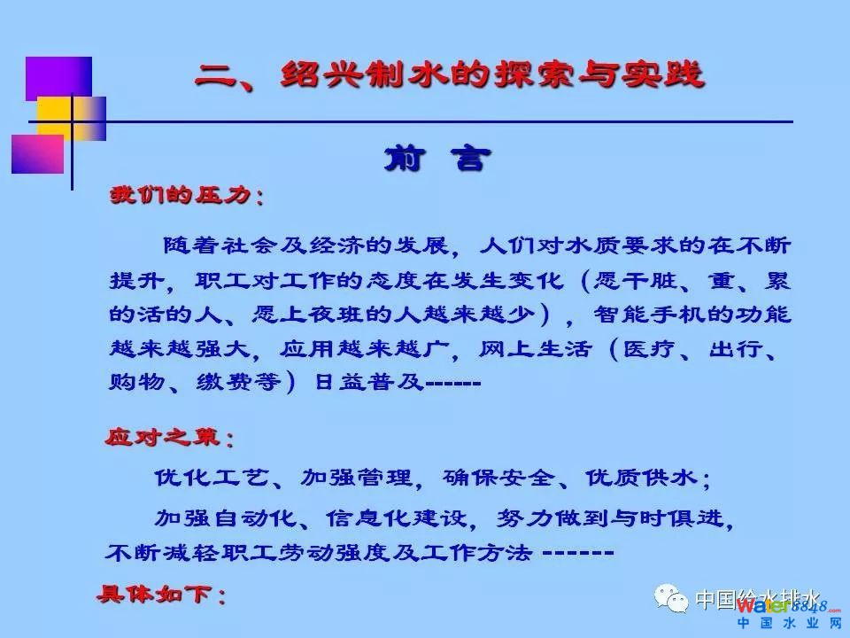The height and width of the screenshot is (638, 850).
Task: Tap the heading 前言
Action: tap(438, 159)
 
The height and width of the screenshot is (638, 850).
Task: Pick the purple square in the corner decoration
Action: tap(58, 79)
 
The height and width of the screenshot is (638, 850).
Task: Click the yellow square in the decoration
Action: tap(71, 119)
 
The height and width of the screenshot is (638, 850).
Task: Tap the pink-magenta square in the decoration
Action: tap(37, 154)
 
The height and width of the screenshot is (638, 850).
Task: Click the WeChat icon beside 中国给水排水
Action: tap(671, 598)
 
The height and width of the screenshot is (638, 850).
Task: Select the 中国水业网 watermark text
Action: tap(789, 623)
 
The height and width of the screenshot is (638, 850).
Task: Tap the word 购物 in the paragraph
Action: tap(137, 383)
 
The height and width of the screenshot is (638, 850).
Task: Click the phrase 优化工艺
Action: tap(212, 478)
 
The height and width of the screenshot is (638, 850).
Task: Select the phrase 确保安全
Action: tap(498, 478)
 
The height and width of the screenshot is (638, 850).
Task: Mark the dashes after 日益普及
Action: tap(453, 383)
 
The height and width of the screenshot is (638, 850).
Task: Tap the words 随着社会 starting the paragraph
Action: tap(220, 245)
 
